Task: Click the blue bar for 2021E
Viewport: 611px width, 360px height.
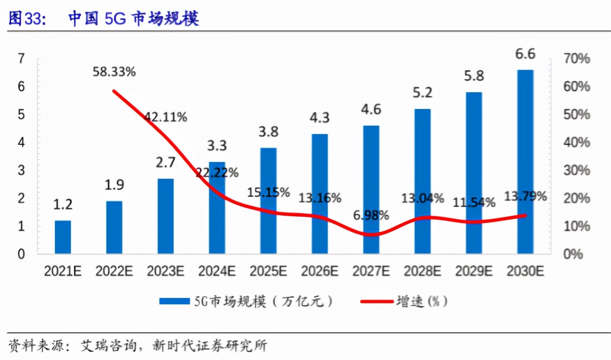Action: (x=63, y=237)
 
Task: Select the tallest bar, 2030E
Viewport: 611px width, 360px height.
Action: (x=525, y=161)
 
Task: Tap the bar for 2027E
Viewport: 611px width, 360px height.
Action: (x=371, y=190)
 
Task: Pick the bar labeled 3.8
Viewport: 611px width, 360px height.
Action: (x=268, y=201)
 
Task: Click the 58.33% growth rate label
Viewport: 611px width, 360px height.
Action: (x=114, y=72)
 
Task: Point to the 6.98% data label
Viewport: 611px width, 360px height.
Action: (x=371, y=215)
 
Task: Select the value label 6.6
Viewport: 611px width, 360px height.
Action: (x=525, y=54)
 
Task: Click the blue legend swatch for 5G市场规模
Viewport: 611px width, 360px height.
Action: (x=174, y=301)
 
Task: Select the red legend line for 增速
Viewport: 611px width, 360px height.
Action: (x=376, y=301)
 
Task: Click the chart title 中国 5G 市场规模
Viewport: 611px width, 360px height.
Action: (x=133, y=19)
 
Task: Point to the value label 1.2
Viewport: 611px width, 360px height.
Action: (x=63, y=205)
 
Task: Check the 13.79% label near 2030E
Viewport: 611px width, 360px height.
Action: (x=525, y=196)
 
